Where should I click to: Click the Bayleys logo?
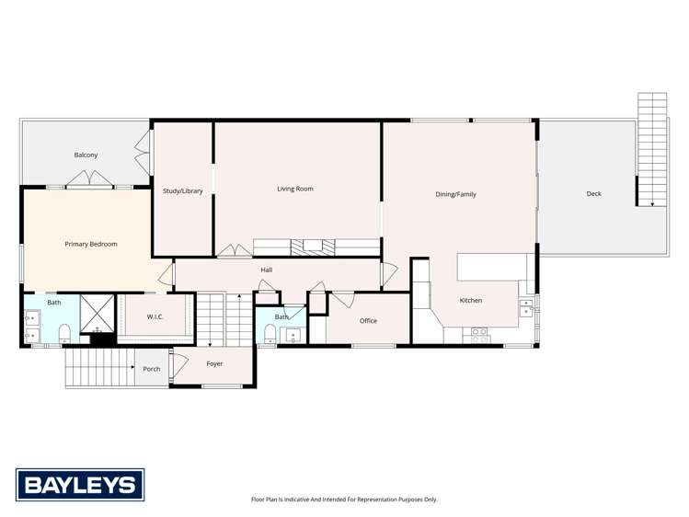(80, 484)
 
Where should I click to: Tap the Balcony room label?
(86, 155)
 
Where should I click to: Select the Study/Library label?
(183, 190)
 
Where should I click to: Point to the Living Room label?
(295, 189)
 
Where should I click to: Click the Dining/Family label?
(456, 194)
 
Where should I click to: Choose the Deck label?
(594, 193)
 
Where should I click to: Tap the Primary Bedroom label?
(91, 244)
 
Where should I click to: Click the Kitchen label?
(470, 300)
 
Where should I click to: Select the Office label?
(368, 320)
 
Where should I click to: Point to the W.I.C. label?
(155, 316)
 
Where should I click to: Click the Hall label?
(266, 270)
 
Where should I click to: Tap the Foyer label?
(214, 363)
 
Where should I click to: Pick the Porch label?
(152, 369)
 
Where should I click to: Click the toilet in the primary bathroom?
(64, 331)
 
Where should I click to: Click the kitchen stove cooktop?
(479, 334)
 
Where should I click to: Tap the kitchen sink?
(525, 307)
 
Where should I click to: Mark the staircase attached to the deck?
(652, 147)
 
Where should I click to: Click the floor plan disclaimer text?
(344, 500)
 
